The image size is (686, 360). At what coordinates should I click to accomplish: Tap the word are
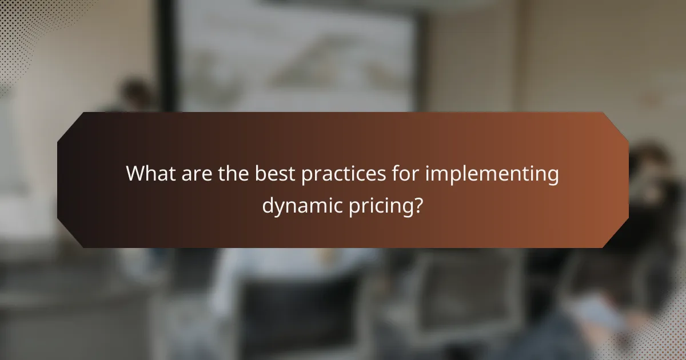(196, 174)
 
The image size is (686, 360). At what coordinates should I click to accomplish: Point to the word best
(277, 174)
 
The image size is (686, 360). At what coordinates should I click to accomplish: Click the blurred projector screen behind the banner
(297, 57)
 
